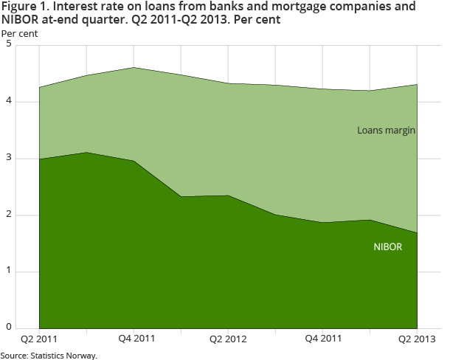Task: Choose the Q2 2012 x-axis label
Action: tap(229, 339)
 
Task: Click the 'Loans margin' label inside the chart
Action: tap(387, 131)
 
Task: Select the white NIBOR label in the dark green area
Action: tap(388, 246)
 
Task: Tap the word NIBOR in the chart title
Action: tap(24, 20)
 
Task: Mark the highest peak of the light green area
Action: tap(135, 68)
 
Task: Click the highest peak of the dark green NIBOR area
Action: tap(87, 153)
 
